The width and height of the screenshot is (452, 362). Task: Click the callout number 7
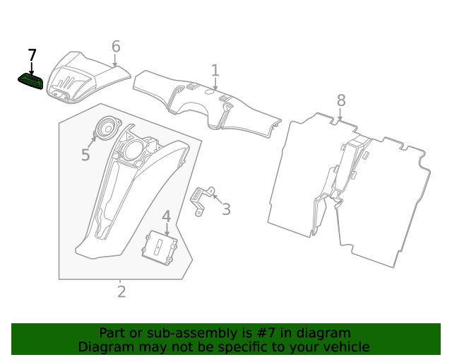[32, 55]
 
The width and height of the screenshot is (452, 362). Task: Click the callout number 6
[116, 47]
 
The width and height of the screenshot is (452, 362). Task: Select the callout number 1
[215, 71]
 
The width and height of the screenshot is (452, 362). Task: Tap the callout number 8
[341, 100]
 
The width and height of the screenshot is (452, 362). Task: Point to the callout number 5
[85, 155]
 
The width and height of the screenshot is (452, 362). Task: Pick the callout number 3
[226, 209]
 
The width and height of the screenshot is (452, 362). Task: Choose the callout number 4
[167, 216]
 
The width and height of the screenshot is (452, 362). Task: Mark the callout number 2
[121, 291]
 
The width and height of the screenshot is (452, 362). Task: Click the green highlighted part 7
[30, 82]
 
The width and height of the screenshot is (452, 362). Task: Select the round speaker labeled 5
[108, 128]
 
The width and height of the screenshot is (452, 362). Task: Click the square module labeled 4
[160, 247]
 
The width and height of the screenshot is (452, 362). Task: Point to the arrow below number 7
[32, 69]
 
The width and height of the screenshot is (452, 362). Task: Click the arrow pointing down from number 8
[341, 114]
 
